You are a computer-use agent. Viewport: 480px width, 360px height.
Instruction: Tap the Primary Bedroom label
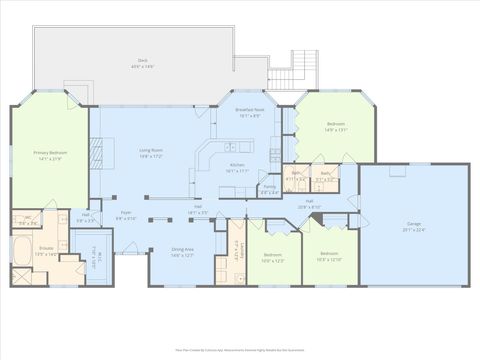50,157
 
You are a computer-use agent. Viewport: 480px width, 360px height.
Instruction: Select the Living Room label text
151,152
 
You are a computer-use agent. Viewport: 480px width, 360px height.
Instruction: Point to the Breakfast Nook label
249,112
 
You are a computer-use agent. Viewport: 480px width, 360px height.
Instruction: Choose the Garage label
413,226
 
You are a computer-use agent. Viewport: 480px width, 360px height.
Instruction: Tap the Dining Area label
182,252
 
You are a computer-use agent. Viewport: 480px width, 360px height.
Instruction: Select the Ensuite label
47,253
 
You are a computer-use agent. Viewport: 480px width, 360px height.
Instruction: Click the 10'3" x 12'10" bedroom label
329,256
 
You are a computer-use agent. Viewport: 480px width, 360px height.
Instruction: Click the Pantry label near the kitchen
270,189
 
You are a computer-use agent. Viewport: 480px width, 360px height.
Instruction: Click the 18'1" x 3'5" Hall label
197,211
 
